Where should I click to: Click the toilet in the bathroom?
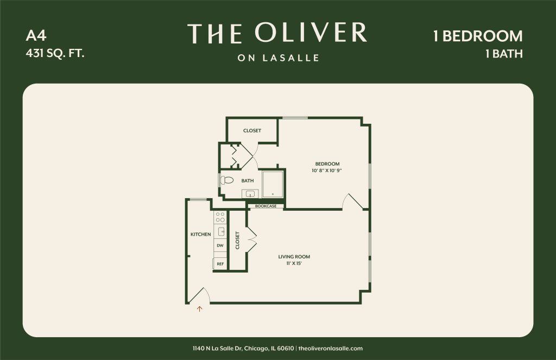point(227,180)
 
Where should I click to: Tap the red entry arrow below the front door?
point(200,309)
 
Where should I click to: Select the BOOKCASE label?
point(266,206)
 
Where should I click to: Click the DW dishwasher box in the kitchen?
point(220,245)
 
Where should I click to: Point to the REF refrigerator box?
point(220,264)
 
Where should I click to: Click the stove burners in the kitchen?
point(220,217)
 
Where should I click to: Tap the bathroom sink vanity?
point(250,194)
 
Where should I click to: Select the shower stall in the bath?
point(273,184)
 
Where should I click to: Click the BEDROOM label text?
point(327,164)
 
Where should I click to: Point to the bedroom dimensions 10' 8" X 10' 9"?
point(326,170)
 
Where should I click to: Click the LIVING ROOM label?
point(294,257)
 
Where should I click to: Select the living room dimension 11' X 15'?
point(294,263)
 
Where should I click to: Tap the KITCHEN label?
point(201,235)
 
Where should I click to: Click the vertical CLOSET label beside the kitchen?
point(238,240)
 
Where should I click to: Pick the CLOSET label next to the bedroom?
point(252,130)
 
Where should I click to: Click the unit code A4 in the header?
point(36,36)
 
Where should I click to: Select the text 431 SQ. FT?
point(55,54)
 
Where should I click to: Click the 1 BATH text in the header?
point(504,54)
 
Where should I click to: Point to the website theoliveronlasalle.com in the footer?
point(331,348)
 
